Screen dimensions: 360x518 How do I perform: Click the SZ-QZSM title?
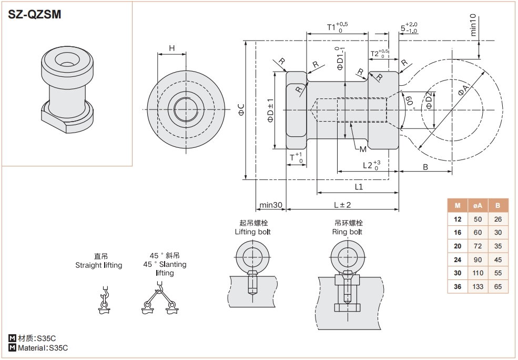[x=35, y=15]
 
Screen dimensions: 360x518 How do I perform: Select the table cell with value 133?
[x=478, y=287]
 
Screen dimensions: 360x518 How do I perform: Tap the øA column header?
[x=478, y=205]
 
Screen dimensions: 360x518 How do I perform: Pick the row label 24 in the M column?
[x=458, y=259]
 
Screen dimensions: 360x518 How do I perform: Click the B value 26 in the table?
[x=498, y=219]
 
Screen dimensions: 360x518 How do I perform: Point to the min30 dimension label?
[x=271, y=205]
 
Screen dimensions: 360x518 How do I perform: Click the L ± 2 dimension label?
[x=342, y=205]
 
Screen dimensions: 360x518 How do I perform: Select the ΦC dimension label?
[x=241, y=109]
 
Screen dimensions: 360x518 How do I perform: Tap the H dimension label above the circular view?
[x=172, y=48]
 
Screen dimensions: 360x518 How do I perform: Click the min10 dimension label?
[x=473, y=25]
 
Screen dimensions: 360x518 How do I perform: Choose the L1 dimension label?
[x=359, y=186]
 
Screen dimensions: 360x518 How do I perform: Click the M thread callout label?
[x=362, y=149]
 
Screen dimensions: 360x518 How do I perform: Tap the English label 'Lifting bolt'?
[x=253, y=232]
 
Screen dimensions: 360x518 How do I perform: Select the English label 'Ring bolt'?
[x=347, y=232]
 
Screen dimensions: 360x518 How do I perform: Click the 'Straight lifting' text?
[x=98, y=265]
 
